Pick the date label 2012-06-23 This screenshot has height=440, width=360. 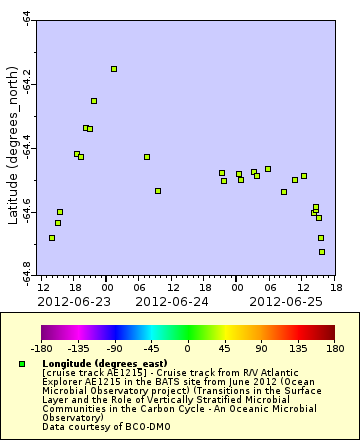click(x=73, y=300)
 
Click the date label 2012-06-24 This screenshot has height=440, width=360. click(x=171, y=300)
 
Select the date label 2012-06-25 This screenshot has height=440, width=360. click(x=285, y=300)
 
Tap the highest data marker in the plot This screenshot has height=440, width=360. click(x=114, y=69)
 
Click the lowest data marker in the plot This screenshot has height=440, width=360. click(x=322, y=252)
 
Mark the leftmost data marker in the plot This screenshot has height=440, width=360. click(x=52, y=238)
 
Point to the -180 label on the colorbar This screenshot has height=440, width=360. click(x=41, y=349)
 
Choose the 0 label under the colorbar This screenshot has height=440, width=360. click(x=188, y=349)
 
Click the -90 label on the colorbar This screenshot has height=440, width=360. click(x=114, y=349)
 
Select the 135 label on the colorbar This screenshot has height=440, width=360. click(x=298, y=349)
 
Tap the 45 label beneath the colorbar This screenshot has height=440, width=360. click(x=224, y=349)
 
